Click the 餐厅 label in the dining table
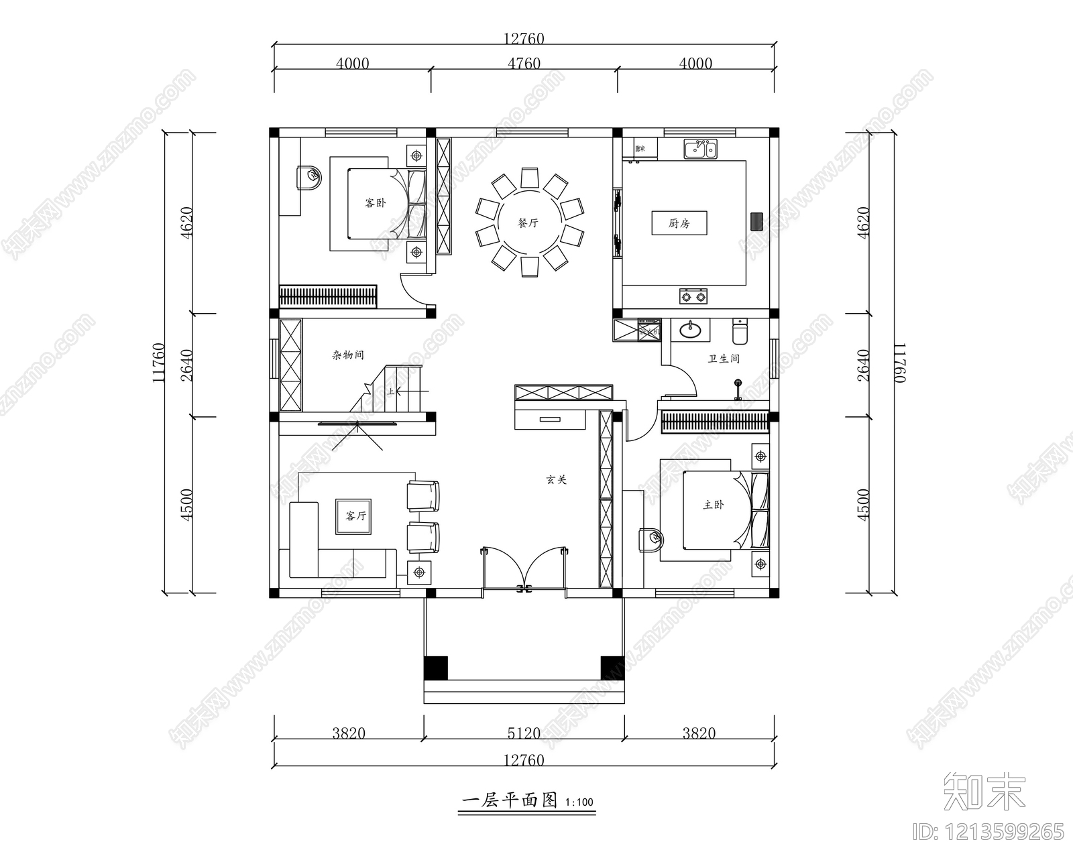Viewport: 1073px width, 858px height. click(528, 223)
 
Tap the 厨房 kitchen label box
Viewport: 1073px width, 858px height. click(679, 223)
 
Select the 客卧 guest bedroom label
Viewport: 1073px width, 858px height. click(375, 202)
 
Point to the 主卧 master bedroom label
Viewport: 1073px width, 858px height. click(714, 504)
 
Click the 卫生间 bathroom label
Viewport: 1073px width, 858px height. click(724, 359)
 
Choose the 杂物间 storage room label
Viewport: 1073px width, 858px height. click(348, 355)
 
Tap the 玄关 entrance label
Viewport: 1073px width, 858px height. click(556, 480)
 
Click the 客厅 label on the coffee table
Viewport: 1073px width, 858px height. click(355, 515)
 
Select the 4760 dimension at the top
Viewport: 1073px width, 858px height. click(524, 64)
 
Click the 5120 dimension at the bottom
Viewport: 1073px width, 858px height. click(524, 733)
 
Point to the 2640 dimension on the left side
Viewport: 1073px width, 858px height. click(187, 365)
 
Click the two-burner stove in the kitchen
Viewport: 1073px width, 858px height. click(693, 295)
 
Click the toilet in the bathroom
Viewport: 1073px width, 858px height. click(740, 330)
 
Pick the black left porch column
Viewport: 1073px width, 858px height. click(436, 668)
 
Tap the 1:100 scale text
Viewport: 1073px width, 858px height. click(579, 802)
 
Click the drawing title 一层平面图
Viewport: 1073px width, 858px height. click(510, 800)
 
